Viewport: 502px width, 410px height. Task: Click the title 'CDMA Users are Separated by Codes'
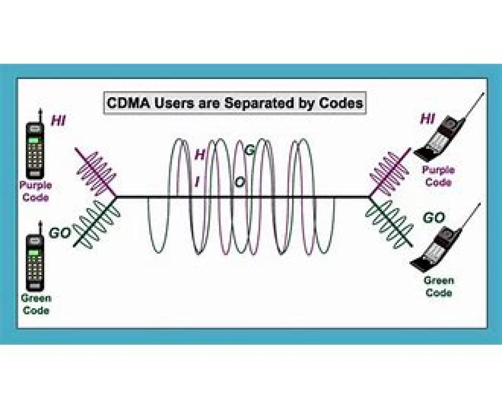(x=235, y=103)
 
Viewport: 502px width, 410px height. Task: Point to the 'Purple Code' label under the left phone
(x=35, y=191)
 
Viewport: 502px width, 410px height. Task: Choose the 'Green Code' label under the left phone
(x=36, y=304)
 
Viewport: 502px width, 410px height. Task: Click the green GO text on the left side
(x=59, y=233)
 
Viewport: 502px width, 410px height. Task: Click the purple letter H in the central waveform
(x=200, y=155)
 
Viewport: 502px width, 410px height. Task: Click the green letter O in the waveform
(x=240, y=182)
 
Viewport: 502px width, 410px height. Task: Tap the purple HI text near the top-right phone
(x=428, y=119)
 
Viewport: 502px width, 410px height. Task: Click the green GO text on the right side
(x=433, y=218)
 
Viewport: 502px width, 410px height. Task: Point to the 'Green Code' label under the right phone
(x=438, y=286)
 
